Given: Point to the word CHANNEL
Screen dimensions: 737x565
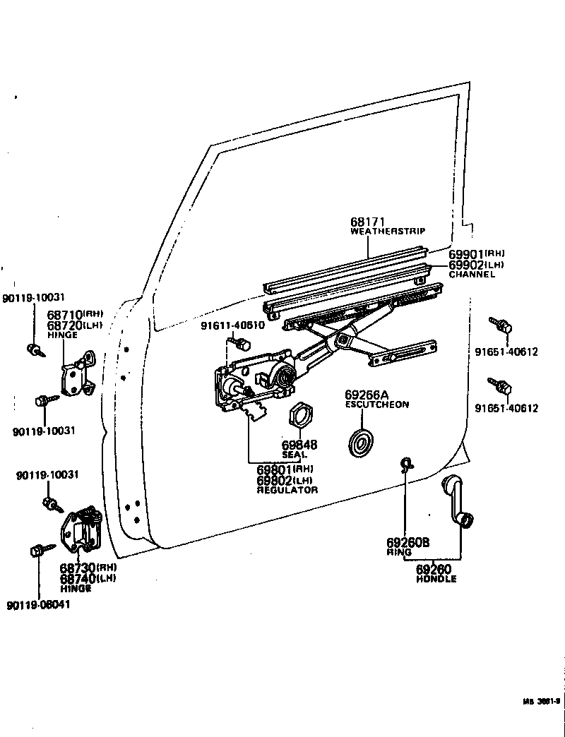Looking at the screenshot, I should click(x=472, y=274).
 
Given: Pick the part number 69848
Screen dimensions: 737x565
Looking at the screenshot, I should click(x=299, y=445).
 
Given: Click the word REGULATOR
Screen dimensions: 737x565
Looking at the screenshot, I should click(x=287, y=489).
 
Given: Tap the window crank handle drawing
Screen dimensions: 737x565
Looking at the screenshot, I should click(x=456, y=501).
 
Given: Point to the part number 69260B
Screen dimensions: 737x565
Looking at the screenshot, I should click(x=408, y=543).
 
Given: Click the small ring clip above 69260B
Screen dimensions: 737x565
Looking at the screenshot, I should click(x=407, y=465).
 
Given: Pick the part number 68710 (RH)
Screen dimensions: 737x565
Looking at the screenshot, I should click(x=75, y=314).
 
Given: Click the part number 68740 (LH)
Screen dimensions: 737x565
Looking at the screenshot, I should click(x=88, y=578).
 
